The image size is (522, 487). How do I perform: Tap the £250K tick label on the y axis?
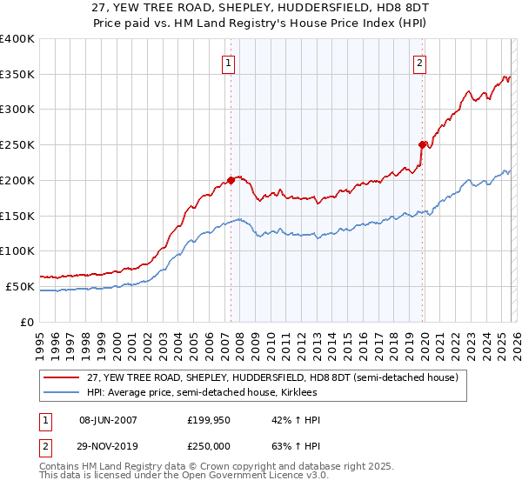17,144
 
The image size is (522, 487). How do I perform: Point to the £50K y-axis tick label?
20,286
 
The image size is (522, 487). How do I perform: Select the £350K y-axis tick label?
17,74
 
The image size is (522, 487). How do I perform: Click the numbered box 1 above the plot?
228,63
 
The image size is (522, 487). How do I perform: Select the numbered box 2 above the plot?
419,63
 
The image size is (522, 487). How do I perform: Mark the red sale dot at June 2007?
231,180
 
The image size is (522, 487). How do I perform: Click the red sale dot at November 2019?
422,144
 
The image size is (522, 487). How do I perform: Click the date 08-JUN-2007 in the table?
108,420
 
